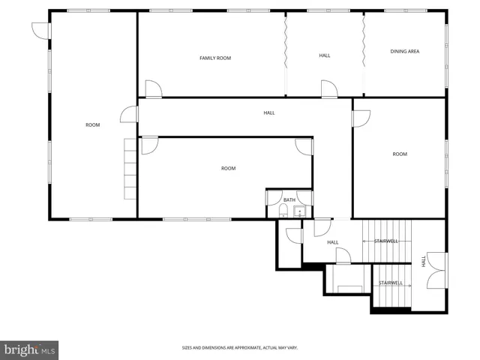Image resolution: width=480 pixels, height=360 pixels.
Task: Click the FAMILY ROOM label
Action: [x=214, y=58]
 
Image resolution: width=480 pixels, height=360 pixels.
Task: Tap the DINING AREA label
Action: [x=404, y=51]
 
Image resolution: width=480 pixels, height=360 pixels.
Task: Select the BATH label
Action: [x=289, y=199]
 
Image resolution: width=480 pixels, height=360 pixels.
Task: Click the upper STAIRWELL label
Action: [x=386, y=241]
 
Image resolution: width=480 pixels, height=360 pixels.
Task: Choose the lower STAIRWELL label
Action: [x=391, y=283]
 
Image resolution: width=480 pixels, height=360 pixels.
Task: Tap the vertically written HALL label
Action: [x=424, y=261]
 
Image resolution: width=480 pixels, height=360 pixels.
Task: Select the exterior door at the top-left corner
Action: [x=40, y=30]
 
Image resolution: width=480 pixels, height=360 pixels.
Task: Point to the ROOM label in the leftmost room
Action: [x=92, y=124]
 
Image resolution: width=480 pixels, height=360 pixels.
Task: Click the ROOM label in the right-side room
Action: [x=400, y=154]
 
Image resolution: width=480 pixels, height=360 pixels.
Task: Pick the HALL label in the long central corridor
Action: [x=268, y=112]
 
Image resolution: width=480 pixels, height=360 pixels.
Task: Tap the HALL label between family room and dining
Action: [x=324, y=55]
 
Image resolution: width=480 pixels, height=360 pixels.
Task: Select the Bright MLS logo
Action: [x=30, y=349]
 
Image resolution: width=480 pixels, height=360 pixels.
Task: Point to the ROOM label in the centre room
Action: [x=228, y=168]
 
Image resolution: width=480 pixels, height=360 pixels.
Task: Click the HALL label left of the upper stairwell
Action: [x=333, y=242]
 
